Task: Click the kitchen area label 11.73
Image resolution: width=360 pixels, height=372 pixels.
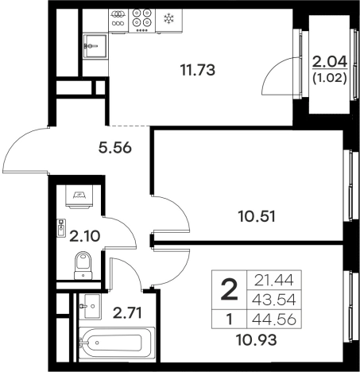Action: click(x=197, y=70)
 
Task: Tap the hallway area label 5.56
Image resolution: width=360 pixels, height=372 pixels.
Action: click(x=115, y=148)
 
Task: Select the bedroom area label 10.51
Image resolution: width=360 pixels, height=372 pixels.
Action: click(x=257, y=216)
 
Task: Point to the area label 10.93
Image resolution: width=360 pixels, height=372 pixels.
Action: click(x=256, y=340)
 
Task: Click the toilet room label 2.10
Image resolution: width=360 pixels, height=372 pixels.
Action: click(x=84, y=236)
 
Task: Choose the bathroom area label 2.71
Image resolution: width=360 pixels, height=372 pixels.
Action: click(x=127, y=312)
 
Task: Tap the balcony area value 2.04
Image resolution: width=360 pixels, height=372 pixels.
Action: click(x=330, y=62)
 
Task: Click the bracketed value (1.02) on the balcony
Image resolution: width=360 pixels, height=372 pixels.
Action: click(x=330, y=78)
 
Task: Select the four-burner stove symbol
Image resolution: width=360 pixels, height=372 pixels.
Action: click(x=141, y=21)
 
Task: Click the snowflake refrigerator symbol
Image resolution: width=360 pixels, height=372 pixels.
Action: click(x=168, y=19)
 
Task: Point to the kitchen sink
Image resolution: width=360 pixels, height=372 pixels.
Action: click(x=95, y=46)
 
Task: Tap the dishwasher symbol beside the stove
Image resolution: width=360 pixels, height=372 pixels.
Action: click(x=118, y=21)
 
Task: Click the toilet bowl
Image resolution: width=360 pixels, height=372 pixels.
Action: click(x=83, y=265)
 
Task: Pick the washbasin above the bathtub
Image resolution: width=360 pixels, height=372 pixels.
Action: click(x=90, y=306)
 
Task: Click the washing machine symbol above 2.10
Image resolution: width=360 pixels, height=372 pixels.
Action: click(x=79, y=196)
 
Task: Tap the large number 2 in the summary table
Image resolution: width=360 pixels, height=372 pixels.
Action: click(x=229, y=290)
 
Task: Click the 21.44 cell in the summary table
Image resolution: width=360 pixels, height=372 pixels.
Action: click(x=274, y=281)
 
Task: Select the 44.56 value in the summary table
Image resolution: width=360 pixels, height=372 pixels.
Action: click(x=274, y=320)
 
